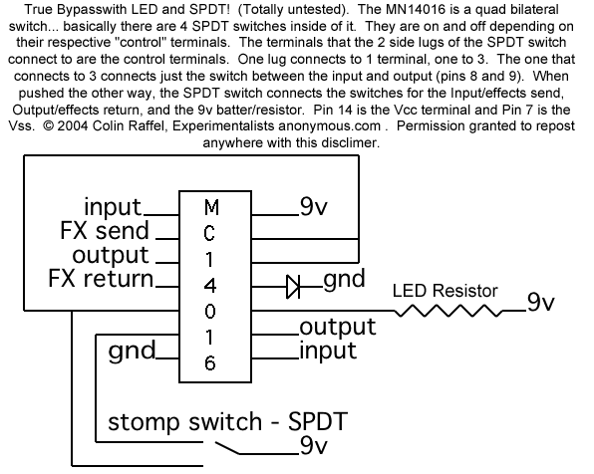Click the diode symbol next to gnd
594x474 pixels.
pyautogui.click(x=293, y=286)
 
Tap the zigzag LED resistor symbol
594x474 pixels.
pyautogui.click(x=448, y=312)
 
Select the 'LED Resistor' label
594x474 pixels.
pyautogui.click(x=445, y=291)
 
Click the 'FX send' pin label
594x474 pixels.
pyautogui.click(x=105, y=231)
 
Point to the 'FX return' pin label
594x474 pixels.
pyautogui.click(x=101, y=279)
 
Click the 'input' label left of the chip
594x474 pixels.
pyautogui.click(x=113, y=207)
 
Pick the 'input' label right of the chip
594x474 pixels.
pyautogui.click(x=328, y=351)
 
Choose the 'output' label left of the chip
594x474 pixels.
pyautogui.click(x=111, y=256)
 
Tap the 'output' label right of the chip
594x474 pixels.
pyautogui.click(x=338, y=327)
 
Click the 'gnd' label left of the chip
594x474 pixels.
pyautogui.click(x=132, y=351)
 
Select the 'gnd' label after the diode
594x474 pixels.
pyautogui.click(x=344, y=279)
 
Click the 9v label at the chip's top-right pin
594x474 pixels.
pyautogui.click(x=313, y=207)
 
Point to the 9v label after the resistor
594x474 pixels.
pyautogui.click(x=540, y=302)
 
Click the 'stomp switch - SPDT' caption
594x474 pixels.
pyautogui.click(x=227, y=421)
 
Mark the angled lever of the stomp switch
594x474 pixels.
pyautogui.click(x=227, y=448)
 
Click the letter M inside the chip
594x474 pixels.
pyautogui.click(x=211, y=207)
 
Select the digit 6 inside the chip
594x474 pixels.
pyautogui.click(x=210, y=363)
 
